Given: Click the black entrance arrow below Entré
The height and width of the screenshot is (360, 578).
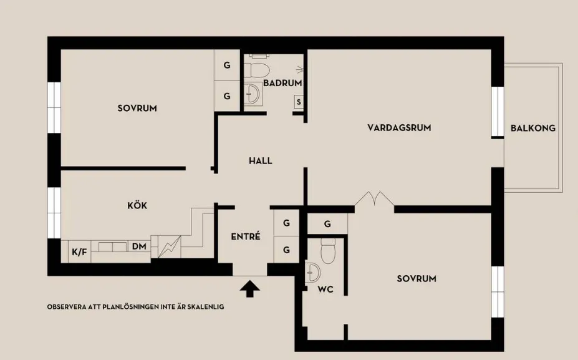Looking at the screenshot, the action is pyautogui.click(x=250, y=288).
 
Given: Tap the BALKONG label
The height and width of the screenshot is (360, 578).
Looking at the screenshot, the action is pyautogui.click(x=532, y=128).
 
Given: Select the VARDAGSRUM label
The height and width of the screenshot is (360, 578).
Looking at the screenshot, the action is pyautogui.click(x=399, y=128).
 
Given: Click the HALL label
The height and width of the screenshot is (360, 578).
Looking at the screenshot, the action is pyautogui.click(x=260, y=161).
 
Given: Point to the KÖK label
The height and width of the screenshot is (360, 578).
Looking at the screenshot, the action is pyautogui.click(x=137, y=205).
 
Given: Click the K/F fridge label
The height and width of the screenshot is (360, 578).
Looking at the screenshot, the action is pyautogui.click(x=79, y=252).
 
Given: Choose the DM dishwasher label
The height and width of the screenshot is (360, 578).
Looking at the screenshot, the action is pyautogui.click(x=139, y=246).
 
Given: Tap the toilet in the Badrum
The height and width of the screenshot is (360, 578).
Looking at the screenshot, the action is pyautogui.click(x=257, y=70).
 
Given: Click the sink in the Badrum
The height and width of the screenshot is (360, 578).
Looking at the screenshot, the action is pyautogui.click(x=253, y=93).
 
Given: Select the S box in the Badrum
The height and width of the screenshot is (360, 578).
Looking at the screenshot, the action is pyautogui.click(x=299, y=102).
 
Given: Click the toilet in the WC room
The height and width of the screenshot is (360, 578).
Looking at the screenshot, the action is pyautogui.click(x=328, y=251).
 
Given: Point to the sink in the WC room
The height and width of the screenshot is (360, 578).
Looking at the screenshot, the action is pyautogui.click(x=312, y=273).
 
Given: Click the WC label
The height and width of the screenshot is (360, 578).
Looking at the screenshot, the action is pyautogui.click(x=325, y=289).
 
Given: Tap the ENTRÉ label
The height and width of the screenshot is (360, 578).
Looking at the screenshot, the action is pyautogui.click(x=246, y=236).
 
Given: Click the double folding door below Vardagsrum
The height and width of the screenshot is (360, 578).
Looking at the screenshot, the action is pyautogui.click(x=375, y=199).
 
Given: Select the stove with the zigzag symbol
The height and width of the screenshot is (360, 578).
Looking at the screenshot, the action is pyautogui.click(x=169, y=247).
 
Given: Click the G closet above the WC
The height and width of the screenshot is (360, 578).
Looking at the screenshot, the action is pyautogui.click(x=327, y=223).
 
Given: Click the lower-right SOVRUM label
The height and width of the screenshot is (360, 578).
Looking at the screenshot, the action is pyautogui.click(x=417, y=278).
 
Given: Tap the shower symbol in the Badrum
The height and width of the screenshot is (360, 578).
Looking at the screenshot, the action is pyautogui.click(x=300, y=69).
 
